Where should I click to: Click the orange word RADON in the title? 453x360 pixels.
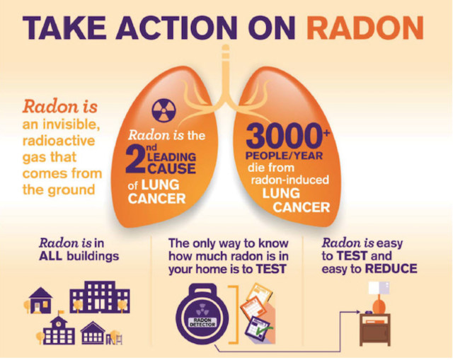(x=365, y=28)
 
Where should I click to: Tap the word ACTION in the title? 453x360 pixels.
(x=176, y=28)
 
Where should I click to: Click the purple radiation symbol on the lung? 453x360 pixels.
(x=164, y=110)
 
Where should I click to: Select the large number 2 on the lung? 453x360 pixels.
(x=135, y=160)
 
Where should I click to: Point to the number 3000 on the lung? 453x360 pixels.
(x=285, y=137)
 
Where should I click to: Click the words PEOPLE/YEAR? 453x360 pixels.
(x=284, y=156)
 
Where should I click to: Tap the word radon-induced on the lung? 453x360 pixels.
(x=289, y=180)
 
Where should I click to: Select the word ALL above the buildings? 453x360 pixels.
(x=50, y=256)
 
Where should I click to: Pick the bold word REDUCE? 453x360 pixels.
(x=391, y=269)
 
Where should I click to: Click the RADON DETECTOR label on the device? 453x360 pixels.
(x=202, y=323)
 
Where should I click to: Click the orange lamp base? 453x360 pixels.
(x=379, y=306)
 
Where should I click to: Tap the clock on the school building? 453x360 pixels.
(x=59, y=324)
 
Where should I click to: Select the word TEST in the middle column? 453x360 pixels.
(x=271, y=269)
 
